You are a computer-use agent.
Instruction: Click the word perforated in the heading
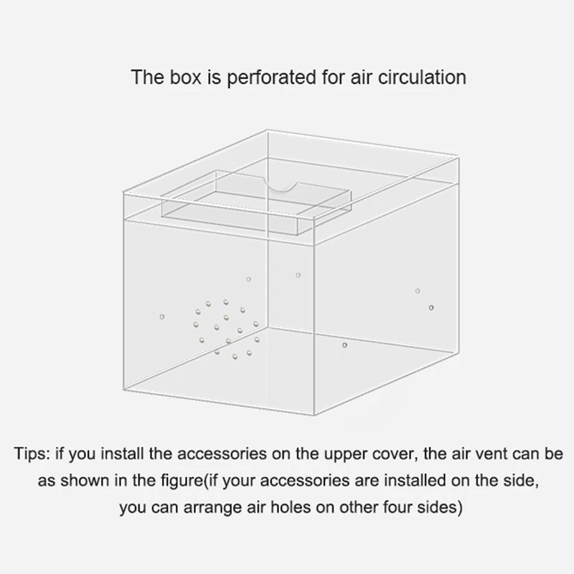[267, 77]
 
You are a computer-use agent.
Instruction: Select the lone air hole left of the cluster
[161, 316]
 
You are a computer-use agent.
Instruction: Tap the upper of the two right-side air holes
[417, 291]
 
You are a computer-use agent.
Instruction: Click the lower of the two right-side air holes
[430, 308]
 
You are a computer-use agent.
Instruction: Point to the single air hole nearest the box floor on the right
[344, 346]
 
